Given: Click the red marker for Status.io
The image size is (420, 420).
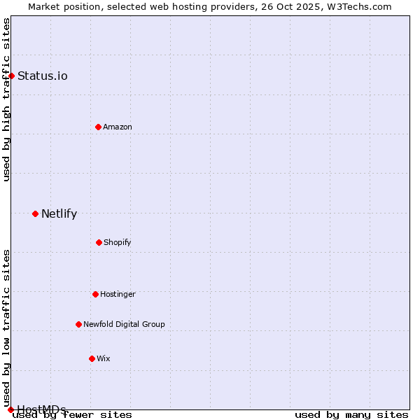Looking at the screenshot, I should click(x=11, y=76).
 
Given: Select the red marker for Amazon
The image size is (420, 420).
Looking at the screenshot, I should click(x=98, y=127).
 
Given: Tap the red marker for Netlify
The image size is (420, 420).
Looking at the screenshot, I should click(x=35, y=213).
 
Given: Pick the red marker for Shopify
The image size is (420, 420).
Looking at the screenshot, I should click(x=99, y=242).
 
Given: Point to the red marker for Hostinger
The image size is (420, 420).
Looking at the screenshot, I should click(x=95, y=294).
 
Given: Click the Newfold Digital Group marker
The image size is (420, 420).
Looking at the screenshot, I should click(x=78, y=324).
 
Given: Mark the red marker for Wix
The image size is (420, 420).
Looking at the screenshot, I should click(x=92, y=358).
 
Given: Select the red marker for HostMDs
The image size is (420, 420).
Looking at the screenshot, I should click(x=10, y=409).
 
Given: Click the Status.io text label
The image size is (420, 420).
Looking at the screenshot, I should click(x=43, y=76).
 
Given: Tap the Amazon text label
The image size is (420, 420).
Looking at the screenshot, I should click(x=118, y=127).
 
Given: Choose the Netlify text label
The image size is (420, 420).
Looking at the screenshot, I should click(x=59, y=213).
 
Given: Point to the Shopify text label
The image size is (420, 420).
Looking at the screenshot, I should click(x=118, y=242).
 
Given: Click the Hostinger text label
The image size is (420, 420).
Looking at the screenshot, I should click(x=118, y=294).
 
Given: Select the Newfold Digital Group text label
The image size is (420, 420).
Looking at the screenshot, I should click(x=124, y=324).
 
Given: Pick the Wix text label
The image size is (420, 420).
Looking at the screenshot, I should click(x=104, y=358).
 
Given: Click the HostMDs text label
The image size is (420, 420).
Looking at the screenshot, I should click(x=41, y=409).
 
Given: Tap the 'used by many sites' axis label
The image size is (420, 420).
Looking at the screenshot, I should click(x=351, y=414).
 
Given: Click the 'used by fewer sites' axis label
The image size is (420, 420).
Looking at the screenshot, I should click(x=73, y=414).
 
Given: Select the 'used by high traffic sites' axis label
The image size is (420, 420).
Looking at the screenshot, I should click(x=6, y=99).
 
